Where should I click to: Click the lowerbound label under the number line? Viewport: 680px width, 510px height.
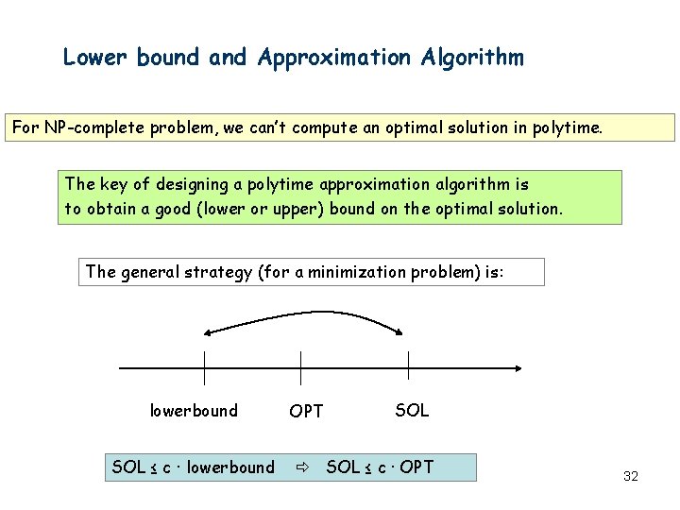(x=194, y=411)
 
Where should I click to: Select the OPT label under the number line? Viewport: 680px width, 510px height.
(x=306, y=411)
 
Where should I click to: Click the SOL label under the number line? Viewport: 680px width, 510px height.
(x=412, y=410)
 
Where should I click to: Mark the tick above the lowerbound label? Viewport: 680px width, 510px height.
(x=205, y=367)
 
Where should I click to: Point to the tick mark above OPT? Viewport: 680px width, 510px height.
(x=300, y=367)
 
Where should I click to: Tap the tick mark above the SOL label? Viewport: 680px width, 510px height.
(x=408, y=367)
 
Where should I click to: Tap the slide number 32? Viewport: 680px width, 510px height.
(x=631, y=476)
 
